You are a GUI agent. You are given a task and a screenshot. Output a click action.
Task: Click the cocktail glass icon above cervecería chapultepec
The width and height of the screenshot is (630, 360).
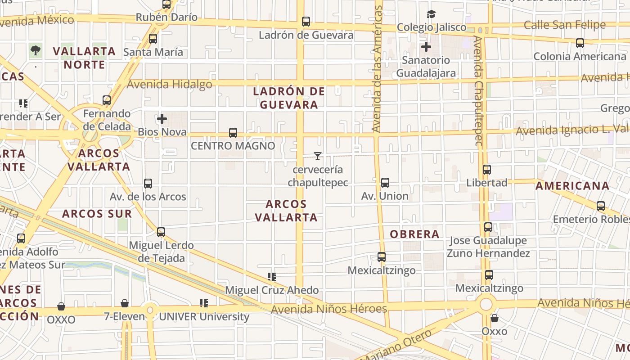click(318, 156)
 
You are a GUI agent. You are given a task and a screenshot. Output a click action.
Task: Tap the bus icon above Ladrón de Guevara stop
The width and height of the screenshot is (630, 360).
click(306, 21)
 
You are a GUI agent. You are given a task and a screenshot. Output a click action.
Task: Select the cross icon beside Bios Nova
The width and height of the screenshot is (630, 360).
click(162, 119)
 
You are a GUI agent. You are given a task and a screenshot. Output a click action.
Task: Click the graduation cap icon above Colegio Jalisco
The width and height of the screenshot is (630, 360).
click(431, 14)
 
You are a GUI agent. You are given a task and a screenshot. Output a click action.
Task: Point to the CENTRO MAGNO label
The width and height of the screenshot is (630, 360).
click(233, 146)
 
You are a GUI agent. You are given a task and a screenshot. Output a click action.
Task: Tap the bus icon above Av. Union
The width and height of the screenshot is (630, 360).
click(385, 182)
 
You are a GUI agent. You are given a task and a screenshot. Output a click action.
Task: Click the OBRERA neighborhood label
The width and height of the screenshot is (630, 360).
click(414, 234)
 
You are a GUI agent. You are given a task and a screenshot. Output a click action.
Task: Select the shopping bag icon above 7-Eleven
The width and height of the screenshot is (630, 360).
click(125, 303)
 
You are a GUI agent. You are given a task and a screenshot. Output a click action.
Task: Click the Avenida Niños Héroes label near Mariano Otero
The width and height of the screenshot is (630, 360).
click(329, 309)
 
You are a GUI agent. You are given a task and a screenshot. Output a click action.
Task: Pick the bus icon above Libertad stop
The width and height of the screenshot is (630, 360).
click(486, 169)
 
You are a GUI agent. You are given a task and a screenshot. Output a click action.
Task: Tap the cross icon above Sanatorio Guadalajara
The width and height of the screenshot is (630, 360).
click(426, 46)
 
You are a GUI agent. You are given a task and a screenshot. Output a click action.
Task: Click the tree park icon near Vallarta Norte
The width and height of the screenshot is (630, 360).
click(36, 50)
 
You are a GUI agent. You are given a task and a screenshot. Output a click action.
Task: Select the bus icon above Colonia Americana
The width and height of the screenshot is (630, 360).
click(580, 43)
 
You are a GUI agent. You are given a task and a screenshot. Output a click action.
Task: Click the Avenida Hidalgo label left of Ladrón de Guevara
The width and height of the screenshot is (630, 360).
click(170, 84)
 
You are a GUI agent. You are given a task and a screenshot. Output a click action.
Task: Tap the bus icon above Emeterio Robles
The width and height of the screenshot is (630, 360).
click(600, 206)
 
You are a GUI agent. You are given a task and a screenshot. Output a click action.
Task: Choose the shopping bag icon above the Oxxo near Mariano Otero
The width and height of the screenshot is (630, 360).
click(494, 318)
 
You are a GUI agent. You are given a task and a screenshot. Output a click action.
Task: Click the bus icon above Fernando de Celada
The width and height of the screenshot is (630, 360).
click(107, 100)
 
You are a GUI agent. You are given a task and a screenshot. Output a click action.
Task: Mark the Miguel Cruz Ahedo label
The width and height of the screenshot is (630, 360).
click(272, 290)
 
